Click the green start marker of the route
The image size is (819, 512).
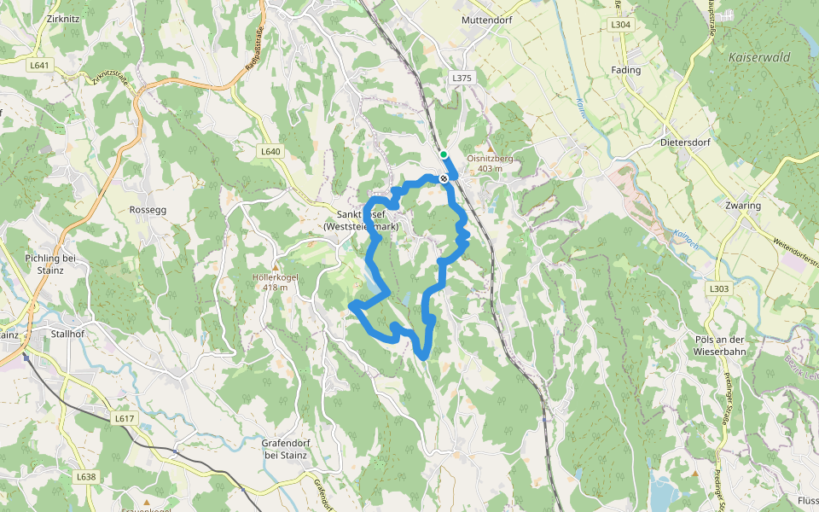[x=444, y=154]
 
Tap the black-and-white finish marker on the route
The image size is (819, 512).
[x=444, y=178]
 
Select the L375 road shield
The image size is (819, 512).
[x=462, y=78]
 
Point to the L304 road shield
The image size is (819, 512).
[x=621, y=26]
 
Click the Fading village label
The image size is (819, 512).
[x=627, y=70]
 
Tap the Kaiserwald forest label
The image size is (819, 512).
[x=759, y=57]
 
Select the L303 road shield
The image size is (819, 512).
[x=719, y=289]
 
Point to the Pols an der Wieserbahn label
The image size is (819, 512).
[x=721, y=345]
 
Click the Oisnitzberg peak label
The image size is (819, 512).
[x=490, y=158]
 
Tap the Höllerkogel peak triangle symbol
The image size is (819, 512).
[x=275, y=267]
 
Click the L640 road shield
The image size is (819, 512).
[x=270, y=151]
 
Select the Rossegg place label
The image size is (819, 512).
[x=147, y=209]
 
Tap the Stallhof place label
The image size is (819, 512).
[x=67, y=335]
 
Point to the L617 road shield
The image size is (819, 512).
[x=125, y=418]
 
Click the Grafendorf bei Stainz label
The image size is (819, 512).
[x=285, y=449]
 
